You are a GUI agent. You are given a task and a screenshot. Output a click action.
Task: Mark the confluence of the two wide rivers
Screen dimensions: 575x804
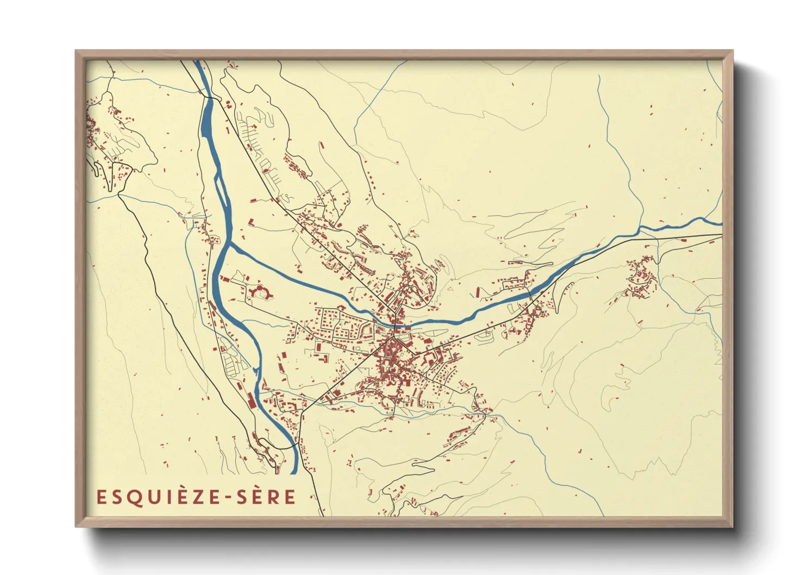point(229,244)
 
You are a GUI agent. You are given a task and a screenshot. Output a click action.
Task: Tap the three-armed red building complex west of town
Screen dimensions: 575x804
point(260,292)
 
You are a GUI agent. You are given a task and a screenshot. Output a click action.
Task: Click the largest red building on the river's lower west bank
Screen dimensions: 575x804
point(250,399)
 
